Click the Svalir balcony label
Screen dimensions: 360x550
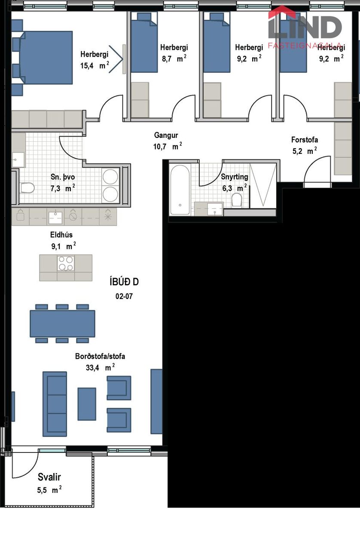(x=49, y=477)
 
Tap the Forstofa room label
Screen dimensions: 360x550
(x=305, y=140)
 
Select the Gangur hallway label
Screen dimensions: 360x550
(x=166, y=135)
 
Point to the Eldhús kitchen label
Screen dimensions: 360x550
(x=61, y=235)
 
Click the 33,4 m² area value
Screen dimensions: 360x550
(x=100, y=367)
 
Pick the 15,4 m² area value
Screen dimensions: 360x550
(x=95, y=65)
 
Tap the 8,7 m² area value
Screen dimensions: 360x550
(x=174, y=58)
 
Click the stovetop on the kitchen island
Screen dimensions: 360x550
(x=66, y=263)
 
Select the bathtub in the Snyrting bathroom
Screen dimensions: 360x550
(x=180, y=190)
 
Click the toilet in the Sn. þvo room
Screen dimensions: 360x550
(x=27, y=188)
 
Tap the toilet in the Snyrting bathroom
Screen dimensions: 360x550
(x=237, y=200)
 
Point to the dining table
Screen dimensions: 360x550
(x=62, y=324)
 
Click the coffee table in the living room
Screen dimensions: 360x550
(x=87, y=404)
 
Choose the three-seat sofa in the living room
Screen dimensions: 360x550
(x=55, y=404)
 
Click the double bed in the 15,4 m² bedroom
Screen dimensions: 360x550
(x=43, y=58)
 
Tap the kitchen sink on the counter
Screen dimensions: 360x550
(x=55, y=217)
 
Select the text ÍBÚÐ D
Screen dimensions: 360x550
(x=124, y=281)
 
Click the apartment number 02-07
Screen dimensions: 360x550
(x=124, y=296)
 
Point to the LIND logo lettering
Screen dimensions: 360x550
(x=305, y=27)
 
